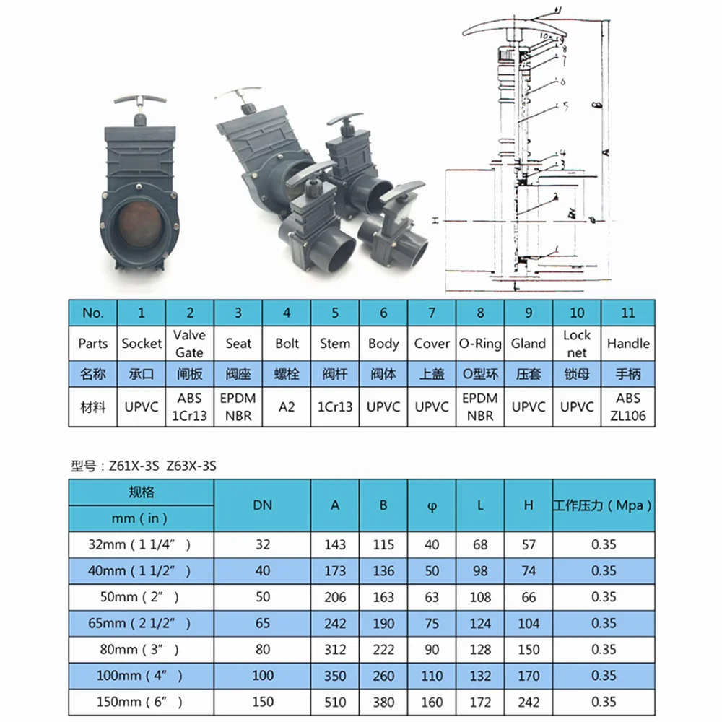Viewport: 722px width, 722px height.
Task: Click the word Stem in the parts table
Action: pos(335,344)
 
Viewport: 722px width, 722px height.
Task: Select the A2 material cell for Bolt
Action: pos(287,406)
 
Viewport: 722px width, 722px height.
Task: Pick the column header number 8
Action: pos(480,313)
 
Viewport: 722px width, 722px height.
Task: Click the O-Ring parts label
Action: pos(480,344)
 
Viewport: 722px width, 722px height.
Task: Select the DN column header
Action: pos(263,505)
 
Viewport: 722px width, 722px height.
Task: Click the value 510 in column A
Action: pos(335,701)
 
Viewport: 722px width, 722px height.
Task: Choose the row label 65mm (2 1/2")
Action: pos(142,622)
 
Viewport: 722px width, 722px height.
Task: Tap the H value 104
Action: pos(529,622)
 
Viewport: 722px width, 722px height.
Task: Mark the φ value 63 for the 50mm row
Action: pos(432,596)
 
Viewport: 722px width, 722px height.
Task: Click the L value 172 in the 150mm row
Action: pos(480,701)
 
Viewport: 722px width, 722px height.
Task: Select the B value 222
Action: pos(383,649)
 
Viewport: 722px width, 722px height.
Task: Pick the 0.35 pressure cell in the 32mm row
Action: pos(604,544)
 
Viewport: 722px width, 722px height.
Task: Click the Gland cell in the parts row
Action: pos(529,344)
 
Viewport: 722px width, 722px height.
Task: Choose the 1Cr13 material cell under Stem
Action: pos(335,406)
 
